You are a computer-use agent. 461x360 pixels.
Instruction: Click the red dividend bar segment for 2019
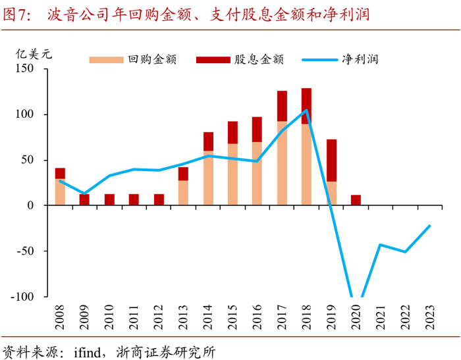tap(331, 160)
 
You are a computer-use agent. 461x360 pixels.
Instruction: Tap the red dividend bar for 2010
tap(109, 199)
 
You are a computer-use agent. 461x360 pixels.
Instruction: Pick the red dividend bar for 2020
tap(356, 200)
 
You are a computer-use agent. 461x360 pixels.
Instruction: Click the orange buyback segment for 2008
tap(60, 192)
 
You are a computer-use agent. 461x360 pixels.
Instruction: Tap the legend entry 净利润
tap(360, 59)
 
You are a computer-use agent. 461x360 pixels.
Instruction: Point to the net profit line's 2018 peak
tap(306, 110)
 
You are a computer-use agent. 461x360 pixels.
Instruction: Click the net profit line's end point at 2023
tap(430, 226)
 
